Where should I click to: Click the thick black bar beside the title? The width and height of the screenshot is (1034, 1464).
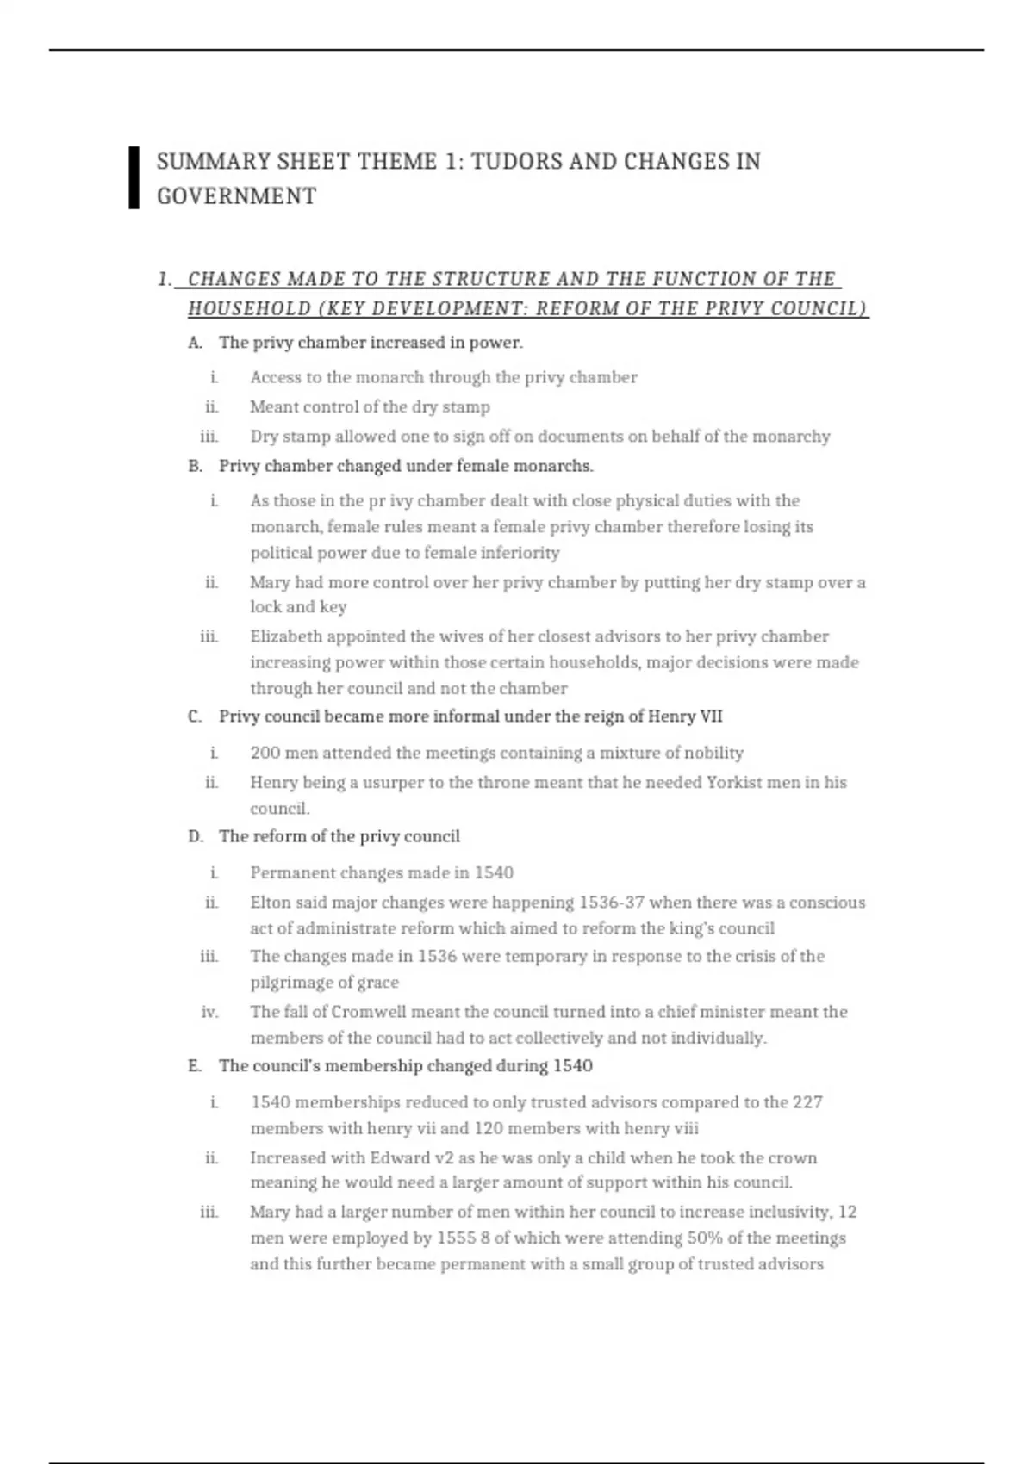[134, 177]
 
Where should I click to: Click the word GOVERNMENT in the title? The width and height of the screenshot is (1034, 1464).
[236, 196]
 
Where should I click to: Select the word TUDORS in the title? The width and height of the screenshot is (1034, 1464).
[515, 162]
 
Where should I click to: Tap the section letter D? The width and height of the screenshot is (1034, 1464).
[195, 836]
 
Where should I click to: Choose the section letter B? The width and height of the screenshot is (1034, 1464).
[195, 466]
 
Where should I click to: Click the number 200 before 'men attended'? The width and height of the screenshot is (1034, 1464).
[265, 753]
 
